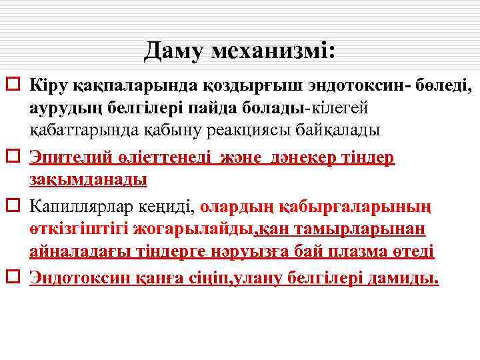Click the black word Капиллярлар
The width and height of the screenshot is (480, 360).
pos(79,208)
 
